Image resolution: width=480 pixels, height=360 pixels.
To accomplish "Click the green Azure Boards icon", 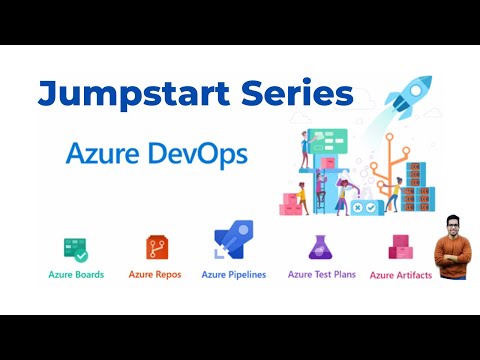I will [x=75, y=248].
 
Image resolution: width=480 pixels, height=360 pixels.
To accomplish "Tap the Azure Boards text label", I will [x=76, y=273].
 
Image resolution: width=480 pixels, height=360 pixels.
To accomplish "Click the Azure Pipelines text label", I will [x=233, y=273].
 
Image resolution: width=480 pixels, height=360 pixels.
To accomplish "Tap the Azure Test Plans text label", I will [x=322, y=273].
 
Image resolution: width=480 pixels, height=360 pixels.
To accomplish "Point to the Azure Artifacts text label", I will [x=400, y=274].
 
